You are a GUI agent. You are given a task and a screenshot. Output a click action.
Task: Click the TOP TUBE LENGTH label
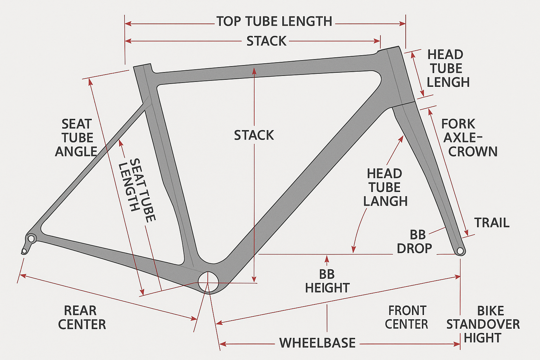coord(274,21)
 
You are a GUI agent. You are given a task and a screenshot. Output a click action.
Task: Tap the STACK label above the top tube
coord(266,41)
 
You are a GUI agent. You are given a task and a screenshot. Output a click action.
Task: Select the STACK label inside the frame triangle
coord(254,135)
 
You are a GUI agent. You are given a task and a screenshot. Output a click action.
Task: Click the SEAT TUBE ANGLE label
coord(76,138)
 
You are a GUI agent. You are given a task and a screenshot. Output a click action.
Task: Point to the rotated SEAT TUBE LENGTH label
coord(137,190)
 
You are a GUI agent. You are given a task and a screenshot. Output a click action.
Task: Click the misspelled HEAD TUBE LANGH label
coord(385,187)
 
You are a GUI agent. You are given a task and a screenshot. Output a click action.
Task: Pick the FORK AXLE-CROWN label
coord(469,138)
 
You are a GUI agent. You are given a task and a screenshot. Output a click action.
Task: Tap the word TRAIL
coord(491,223)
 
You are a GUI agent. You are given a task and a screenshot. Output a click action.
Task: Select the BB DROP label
coord(415,242)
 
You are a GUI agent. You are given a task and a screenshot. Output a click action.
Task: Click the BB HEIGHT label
coord(327,281)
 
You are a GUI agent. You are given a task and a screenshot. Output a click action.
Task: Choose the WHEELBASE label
coord(317,343)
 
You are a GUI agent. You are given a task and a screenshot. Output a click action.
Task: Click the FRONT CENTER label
coord(406,317)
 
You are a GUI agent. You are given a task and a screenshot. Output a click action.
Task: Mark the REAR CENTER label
coord(82,317)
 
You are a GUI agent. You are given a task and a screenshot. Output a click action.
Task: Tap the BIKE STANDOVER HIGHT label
coord(483,324)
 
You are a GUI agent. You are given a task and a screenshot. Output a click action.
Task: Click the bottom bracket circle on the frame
coord(208,282)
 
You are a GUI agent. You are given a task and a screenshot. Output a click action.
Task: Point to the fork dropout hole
coord(460,251)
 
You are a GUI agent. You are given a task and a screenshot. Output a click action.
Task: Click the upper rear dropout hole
coord(31,239)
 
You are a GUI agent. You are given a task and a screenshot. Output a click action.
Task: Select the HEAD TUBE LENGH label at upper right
coord(448,68)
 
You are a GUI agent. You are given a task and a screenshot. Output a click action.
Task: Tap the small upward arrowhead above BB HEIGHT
coord(327,258)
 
